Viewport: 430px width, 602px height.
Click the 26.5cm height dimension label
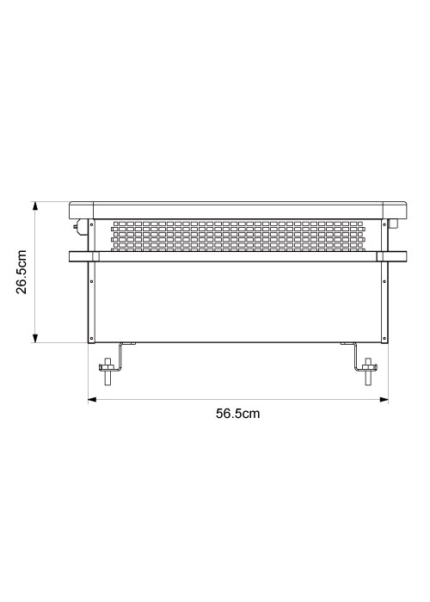point(21,272)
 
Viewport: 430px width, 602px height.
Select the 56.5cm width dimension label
point(237,414)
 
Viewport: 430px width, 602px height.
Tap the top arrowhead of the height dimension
point(35,206)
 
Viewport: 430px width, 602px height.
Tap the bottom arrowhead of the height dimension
point(35,338)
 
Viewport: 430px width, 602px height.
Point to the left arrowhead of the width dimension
point(93,400)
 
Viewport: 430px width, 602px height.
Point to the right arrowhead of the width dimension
point(384,400)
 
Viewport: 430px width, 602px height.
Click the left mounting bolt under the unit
point(107,371)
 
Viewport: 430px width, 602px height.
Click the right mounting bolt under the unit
point(369,371)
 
